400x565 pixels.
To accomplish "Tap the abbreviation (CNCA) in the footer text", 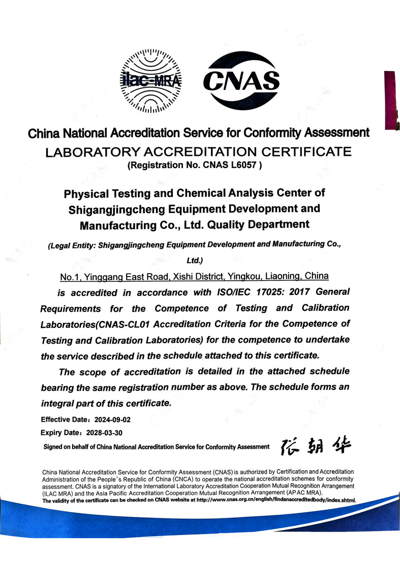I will pyautogui.click(x=166, y=479).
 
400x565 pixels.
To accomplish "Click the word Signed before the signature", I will pyautogui.click(x=54, y=447).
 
